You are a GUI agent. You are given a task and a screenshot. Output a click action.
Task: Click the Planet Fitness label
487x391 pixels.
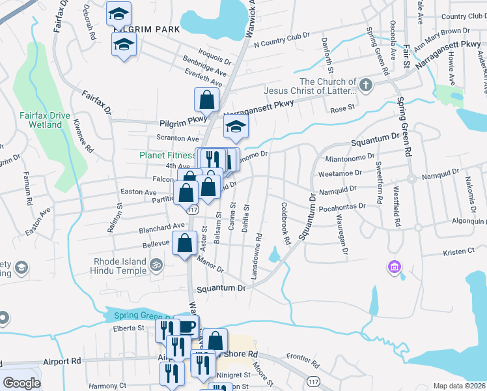tap(168, 155)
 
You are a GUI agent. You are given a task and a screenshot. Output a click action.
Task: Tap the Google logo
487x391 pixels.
tap(21, 383)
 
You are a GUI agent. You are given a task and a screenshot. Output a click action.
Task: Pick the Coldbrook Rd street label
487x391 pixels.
tap(285, 223)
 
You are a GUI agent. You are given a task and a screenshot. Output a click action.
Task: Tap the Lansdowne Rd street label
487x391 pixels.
tap(260, 253)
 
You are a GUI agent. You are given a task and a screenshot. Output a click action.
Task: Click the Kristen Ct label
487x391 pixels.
tap(459, 252)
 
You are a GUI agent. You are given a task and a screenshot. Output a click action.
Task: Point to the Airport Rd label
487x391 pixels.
tap(62, 360)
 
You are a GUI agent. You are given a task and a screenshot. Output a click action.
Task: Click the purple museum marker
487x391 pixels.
tap(393, 266)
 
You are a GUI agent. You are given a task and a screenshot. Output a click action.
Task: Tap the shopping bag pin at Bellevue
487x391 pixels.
tap(184, 244)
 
